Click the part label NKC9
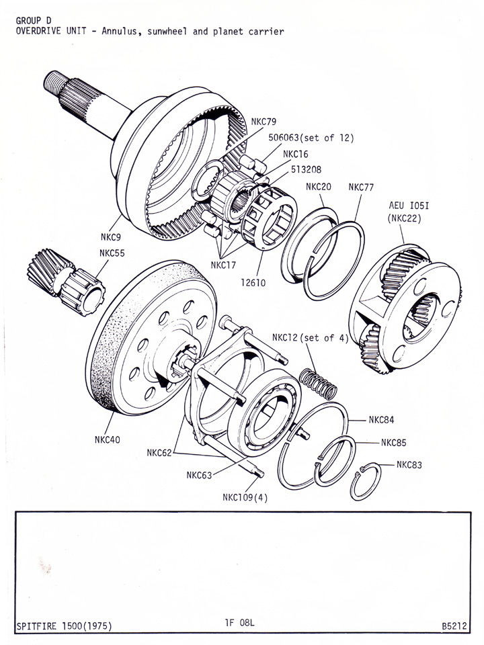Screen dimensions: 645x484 point(111,237)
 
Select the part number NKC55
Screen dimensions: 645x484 point(114,253)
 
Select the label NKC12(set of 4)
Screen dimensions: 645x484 point(310,337)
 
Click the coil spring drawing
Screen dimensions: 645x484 point(318,384)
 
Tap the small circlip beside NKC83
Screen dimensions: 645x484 point(366,480)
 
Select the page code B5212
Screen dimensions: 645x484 point(455,626)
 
